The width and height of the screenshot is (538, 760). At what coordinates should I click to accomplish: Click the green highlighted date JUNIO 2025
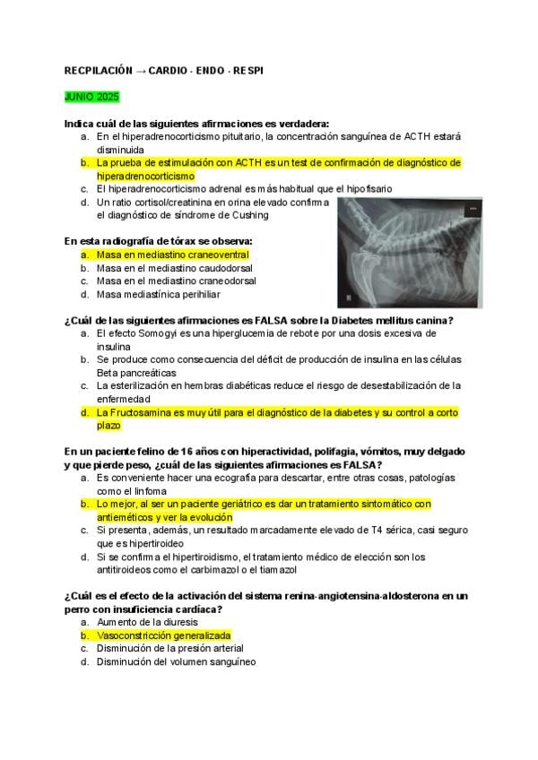tap(91, 96)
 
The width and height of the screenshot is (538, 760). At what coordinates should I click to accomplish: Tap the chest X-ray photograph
tap(407, 253)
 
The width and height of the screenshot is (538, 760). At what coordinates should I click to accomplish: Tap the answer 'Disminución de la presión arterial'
tap(170, 648)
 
